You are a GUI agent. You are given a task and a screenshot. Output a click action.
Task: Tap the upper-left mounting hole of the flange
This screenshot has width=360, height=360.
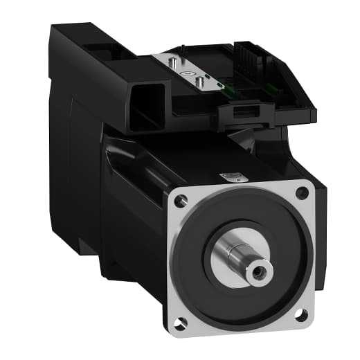(x=181, y=201)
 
